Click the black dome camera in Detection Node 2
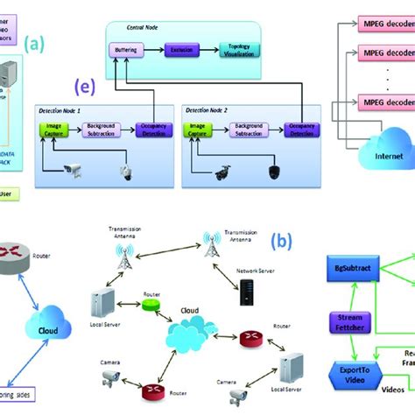click(264, 172)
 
